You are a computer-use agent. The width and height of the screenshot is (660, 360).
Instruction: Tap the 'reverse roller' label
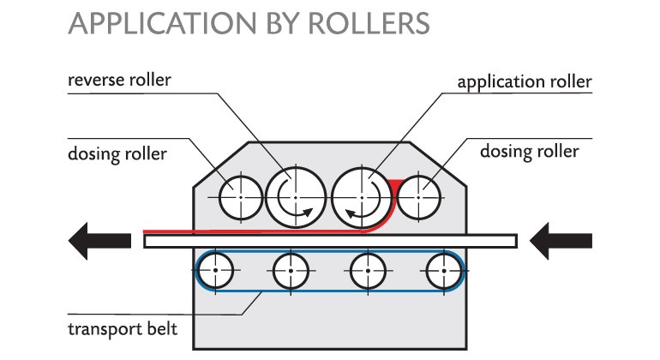(119, 81)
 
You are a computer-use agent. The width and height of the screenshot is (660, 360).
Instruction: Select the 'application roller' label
(525, 82)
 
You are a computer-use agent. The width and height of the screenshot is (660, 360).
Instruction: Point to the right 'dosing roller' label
(530, 152)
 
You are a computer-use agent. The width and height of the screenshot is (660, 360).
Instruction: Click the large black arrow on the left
(96, 241)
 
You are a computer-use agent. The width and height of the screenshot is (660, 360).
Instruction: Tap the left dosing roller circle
(241, 198)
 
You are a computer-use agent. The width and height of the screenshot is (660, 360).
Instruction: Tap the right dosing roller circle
(417, 198)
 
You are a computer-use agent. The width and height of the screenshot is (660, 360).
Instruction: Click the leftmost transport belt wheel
(218, 273)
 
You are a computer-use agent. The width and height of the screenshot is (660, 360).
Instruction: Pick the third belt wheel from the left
(368, 273)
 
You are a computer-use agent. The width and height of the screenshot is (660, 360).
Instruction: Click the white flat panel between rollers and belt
(330, 241)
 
